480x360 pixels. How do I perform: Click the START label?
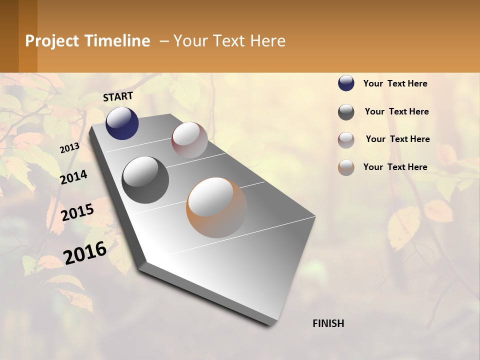coord(118,96)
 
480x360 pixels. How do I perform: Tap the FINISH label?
coord(328,323)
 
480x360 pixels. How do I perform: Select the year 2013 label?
coord(69,148)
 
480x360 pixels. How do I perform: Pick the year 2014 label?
coord(73,177)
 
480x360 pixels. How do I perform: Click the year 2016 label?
coord(85,252)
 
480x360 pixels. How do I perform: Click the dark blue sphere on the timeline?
coord(122,123)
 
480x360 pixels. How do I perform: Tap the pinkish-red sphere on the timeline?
coord(189,140)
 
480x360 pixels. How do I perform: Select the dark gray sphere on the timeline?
coord(145,179)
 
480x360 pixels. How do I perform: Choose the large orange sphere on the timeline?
coord(216,207)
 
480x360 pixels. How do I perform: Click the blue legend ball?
coord(346,83)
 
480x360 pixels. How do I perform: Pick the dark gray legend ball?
coord(346,112)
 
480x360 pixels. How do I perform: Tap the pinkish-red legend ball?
coord(346,140)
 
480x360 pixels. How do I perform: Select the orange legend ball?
coord(346,167)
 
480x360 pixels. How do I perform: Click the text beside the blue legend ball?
coord(395,83)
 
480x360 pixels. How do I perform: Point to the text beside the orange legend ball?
coord(395,167)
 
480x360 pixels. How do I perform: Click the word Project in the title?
coord(52,41)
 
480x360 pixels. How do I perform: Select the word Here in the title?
coord(267,41)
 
